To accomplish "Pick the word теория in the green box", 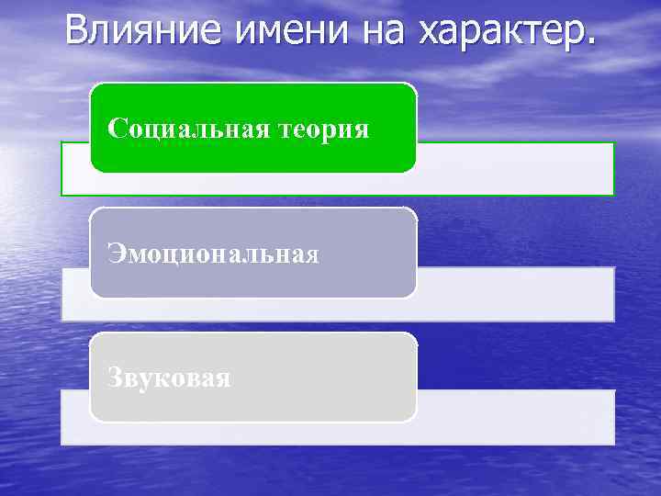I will pos(323,130).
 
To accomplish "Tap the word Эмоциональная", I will pos(213,254).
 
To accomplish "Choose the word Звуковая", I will pos(169,378).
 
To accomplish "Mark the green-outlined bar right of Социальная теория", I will pos(514,168).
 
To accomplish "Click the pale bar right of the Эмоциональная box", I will pos(514,294).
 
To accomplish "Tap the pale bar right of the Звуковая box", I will pos(514,417).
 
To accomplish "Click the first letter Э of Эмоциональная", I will pos(115,254).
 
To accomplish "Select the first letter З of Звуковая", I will pos(115,378).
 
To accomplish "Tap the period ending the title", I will pos(589,39).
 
